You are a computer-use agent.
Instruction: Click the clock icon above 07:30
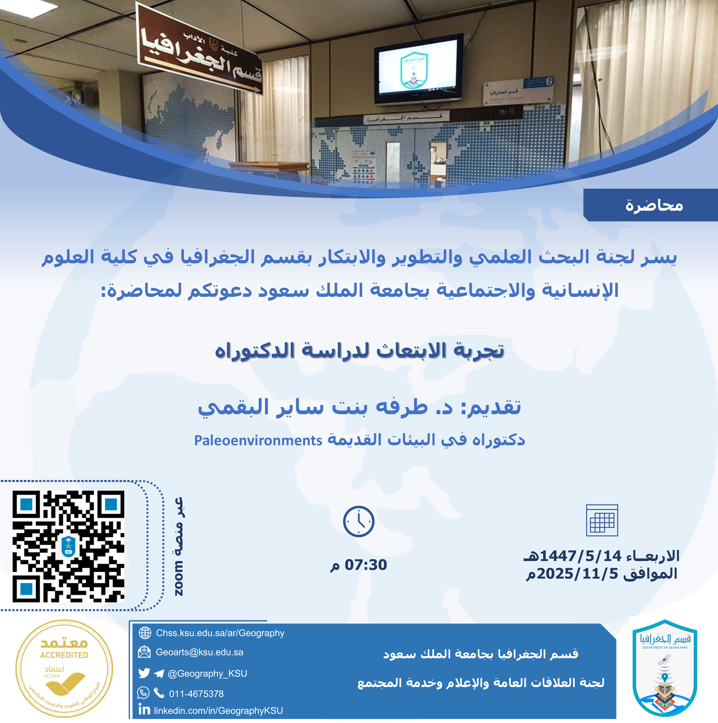[x=358, y=521]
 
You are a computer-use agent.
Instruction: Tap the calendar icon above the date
[x=602, y=520]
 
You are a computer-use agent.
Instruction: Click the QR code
[x=69, y=546]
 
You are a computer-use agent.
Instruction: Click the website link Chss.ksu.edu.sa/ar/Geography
[x=220, y=633]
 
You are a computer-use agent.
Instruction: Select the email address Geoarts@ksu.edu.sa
[x=200, y=652]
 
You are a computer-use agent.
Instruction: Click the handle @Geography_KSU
[x=207, y=674]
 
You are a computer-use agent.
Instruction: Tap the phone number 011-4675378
[x=196, y=694]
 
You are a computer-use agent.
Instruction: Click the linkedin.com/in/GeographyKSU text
[x=218, y=711]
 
